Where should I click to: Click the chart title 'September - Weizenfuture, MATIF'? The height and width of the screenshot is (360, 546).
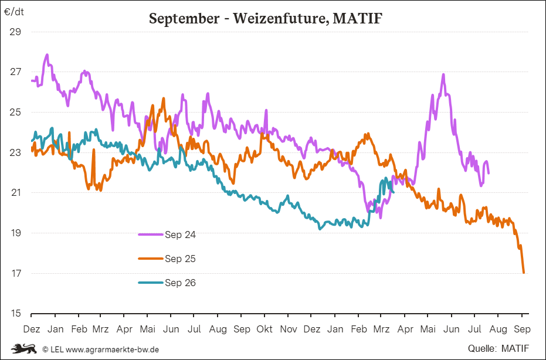pos(266,18)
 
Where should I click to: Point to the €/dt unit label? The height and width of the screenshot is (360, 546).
pos(15,12)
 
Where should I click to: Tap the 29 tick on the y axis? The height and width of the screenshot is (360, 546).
pos(16,32)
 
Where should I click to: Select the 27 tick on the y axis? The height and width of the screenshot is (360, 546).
pos(16,72)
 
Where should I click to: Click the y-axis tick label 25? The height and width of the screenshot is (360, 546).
pos(16,112)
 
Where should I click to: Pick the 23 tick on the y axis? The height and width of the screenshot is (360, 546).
pos(16,152)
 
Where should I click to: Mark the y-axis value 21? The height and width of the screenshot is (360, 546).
pos(16,193)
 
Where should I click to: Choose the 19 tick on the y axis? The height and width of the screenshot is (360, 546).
pos(16,233)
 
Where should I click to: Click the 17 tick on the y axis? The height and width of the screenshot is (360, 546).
pos(16,273)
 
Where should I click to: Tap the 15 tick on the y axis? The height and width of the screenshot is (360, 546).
pos(16,314)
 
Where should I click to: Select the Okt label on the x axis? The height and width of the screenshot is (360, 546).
pos(264,329)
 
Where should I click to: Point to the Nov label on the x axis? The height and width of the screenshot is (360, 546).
pos(288,329)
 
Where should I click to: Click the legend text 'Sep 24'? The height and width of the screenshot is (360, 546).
pos(180,235)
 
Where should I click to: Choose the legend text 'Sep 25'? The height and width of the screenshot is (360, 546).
pos(180,259)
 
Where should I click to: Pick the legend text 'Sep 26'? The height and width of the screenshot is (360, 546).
pos(180,283)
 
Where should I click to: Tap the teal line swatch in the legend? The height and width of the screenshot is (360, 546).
pos(151,283)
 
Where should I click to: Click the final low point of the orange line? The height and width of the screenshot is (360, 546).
pos(524,272)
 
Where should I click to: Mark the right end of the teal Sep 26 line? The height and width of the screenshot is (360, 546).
pos(394,192)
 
